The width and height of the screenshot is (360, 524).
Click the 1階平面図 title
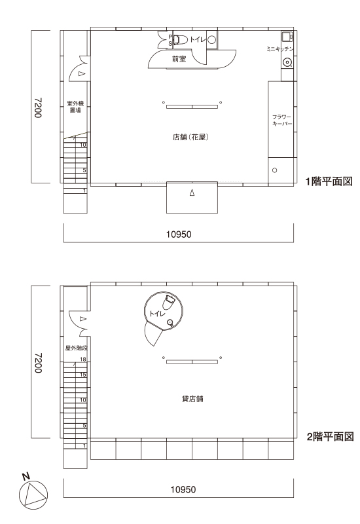tap(329, 181)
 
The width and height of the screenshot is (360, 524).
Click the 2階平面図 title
tap(330, 436)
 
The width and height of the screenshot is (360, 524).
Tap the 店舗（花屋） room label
tap(190, 137)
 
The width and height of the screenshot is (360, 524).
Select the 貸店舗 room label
tap(192, 399)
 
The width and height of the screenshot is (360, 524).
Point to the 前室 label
tap(179, 59)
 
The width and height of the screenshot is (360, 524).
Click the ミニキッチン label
tap(280, 48)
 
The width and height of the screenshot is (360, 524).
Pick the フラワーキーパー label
tap(282, 121)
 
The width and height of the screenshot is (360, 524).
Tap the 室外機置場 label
tap(75, 107)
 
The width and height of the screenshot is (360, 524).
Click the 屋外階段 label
tap(76, 348)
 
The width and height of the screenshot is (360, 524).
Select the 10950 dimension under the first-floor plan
tap(179, 234)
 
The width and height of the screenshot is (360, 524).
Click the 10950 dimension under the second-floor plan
tap(183, 489)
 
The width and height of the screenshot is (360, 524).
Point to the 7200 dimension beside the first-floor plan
tap(38, 107)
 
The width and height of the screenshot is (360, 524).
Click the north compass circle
tap(33, 495)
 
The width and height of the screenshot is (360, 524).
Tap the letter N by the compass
tap(26, 477)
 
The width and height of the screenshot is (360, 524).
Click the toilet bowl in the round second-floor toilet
tap(168, 302)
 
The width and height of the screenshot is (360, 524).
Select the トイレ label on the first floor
tap(198, 40)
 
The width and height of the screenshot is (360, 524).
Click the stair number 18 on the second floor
tap(83, 359)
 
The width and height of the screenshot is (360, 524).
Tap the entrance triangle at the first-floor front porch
tap(192, 193)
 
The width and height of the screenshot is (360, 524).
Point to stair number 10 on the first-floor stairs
tap(83, 145)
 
